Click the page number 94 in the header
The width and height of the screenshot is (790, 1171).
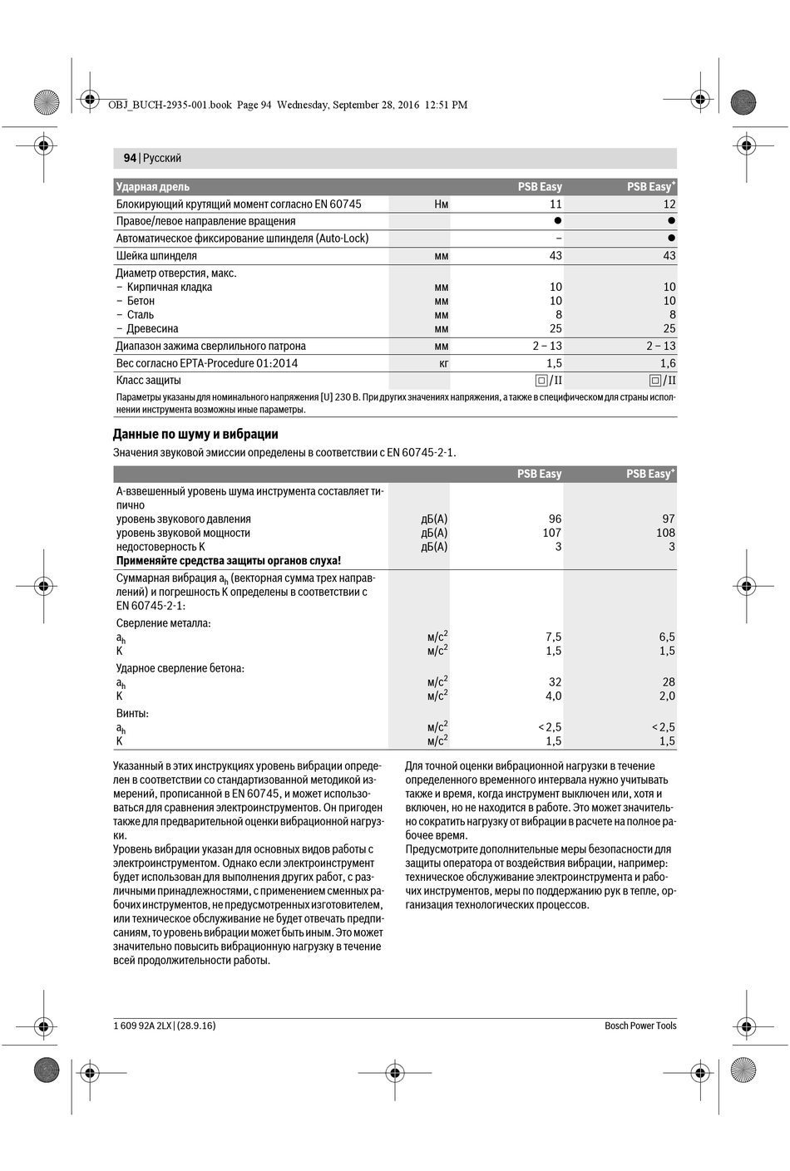[x=130, y=158]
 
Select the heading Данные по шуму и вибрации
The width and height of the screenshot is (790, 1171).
[x=195, y=434]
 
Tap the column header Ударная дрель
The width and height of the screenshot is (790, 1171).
[x=153, y=187]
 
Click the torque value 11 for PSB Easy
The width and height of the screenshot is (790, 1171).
[x=555, y=204]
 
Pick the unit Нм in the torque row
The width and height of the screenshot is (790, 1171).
[x=441, y=204]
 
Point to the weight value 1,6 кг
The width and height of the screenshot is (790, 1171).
[x=668, y=363]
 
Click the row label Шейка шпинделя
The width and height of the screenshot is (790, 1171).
[x=156, y=256]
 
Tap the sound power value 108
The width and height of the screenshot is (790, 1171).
[x=665, y=533]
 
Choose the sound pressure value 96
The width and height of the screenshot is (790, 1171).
[x=555, y=519]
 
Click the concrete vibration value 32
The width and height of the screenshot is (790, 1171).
[x=555, y=681]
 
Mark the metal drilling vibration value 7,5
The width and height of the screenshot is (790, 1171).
[x=553, y=637]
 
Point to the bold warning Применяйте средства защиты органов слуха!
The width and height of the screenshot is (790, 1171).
[x=229, y=561]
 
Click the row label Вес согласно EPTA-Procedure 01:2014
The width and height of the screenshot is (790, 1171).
[x=206, y=363]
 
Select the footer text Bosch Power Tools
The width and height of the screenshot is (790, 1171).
[x=640, y=1026]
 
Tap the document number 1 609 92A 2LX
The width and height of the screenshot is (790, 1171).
[x=142, y=1026]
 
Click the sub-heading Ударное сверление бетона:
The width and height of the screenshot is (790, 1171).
[x=180, y=668]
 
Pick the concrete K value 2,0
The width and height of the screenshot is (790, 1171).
[x=667, y=696]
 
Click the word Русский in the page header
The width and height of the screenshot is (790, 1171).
[x=162, y=158]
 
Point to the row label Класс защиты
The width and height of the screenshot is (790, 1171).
[x=148, y=381]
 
